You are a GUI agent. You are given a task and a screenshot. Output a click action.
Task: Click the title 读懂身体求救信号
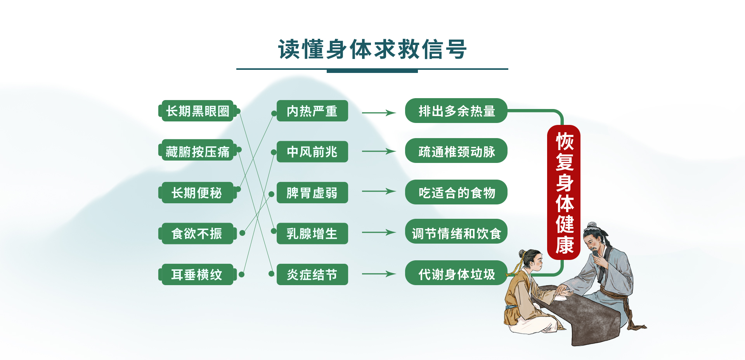(x=372, y=49)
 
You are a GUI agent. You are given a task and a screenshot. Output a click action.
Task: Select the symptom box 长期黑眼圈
(x=198, y=111)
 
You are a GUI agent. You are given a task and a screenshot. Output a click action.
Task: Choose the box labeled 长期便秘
(x=198, y=193)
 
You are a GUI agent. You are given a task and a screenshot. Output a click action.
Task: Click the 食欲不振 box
(x=198, y=234)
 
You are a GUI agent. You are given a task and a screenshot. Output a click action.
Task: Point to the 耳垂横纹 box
(x=198, y=275)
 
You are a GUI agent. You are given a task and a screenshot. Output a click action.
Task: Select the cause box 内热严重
(x=312, y=111)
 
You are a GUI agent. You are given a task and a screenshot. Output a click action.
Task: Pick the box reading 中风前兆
(x=312, y=152)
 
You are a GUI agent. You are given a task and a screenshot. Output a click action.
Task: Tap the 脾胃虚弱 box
(x=312, y=193)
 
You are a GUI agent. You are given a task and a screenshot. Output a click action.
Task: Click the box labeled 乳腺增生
(x=312, y=234)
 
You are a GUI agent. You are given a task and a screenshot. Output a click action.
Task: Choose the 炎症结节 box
(x=312, y=275)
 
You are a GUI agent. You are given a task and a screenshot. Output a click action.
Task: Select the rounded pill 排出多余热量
(x=456, y=111)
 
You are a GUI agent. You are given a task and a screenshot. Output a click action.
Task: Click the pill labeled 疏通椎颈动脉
(x=456, y=151)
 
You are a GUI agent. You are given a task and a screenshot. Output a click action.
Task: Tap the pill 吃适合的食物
(x=456, y=192)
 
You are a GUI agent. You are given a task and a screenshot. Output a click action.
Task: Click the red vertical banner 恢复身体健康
(x=564, y=192)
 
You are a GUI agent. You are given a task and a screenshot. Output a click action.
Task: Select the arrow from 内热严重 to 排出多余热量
(x=379, y=113)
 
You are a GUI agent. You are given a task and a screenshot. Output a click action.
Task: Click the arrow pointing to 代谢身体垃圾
(x=379, y=274)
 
